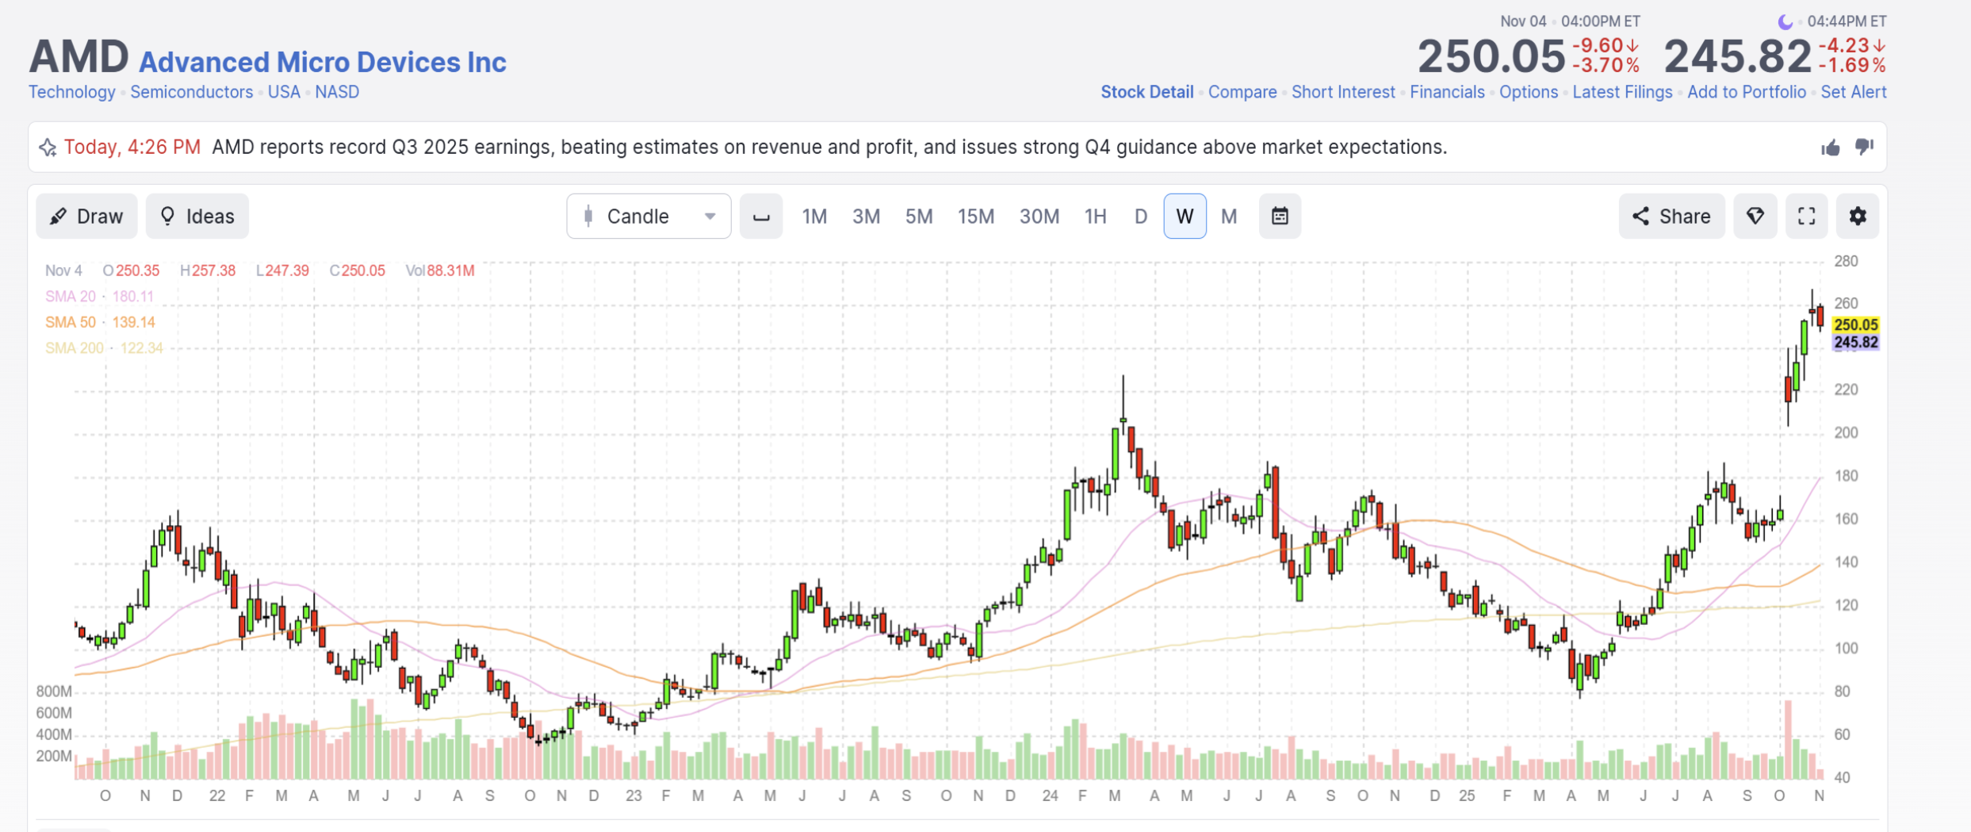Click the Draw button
tap(86, 216)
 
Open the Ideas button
tap(197, 216)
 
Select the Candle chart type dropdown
tap(649, 216)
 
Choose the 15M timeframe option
tap(975, 217)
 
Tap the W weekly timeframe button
tap(1185, 216)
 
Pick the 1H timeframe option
tap(1095, 217)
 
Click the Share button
tap(1671, 216)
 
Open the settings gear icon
tap(1858, 216)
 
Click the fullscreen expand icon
tap(1806, 216)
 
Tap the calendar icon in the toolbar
tap(1280, 216)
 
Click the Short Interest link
tap(1343, 92)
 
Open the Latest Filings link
tap(1622, 92)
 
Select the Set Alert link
tap(1854, 92)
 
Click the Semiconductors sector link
tap(192, 92)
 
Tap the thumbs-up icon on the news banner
tap(1831, 148)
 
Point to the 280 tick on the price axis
tap(1846, 261)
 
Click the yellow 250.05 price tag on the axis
tap(1855, 324)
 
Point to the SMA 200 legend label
tap(75, 348)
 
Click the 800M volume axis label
tap(54, 692)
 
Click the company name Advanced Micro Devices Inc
tap(323, 62)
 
